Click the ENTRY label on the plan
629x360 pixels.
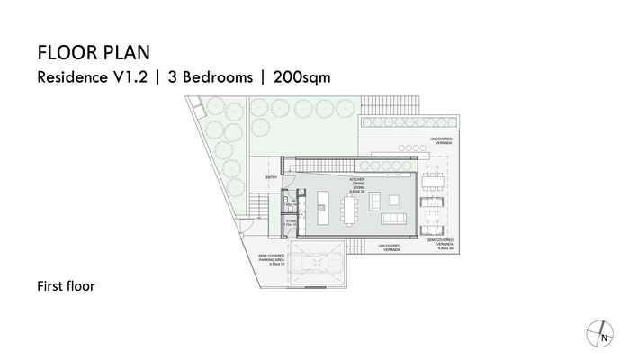(271, 177)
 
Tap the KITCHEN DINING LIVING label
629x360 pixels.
(358, 185)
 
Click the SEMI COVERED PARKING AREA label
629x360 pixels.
(271, 259)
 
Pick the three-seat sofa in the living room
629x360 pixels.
(395, 218)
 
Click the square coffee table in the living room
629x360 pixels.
(394, 199)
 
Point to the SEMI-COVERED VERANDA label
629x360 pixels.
(440, 244)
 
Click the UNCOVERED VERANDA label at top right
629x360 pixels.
(440, 139)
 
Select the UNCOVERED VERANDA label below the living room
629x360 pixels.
(390, 246)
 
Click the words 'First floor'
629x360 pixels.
(66, 287)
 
